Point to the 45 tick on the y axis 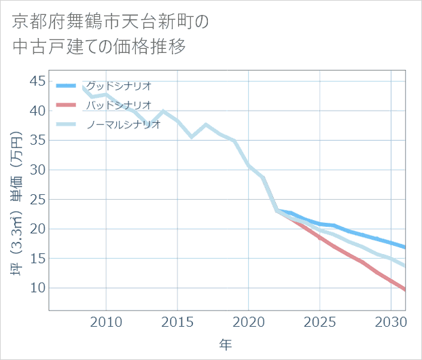click(37, 82)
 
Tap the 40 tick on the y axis click(37, 111)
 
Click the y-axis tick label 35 click(37, 141)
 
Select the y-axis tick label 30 click(37, 170)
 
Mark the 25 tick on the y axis click(37, 200)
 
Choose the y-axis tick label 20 click(37, 229)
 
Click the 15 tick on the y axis click(37, 259)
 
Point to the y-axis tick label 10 click(37, 288)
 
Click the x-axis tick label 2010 click(106, 321)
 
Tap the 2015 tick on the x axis click(177, 321)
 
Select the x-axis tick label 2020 click(249, 321)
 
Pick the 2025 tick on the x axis click(319, 321)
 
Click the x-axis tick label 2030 click(391, 321)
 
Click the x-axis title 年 click(226, 344)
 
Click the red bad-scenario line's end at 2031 click(405, 290)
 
